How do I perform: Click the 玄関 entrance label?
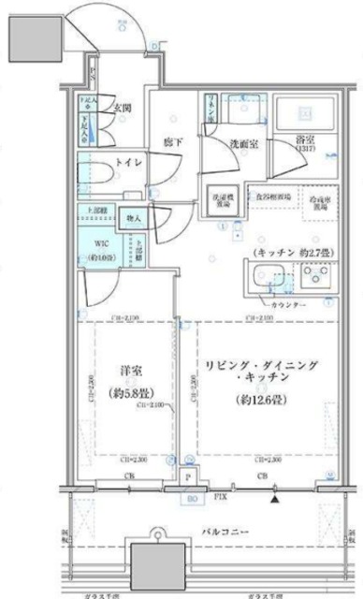[x=123, y=108]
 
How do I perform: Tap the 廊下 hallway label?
[x=174, y=141]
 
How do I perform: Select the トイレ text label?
[x=128, y=163]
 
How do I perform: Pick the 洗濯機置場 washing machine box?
[x=222, y=200]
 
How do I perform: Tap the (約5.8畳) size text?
[x=124, y=393]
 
